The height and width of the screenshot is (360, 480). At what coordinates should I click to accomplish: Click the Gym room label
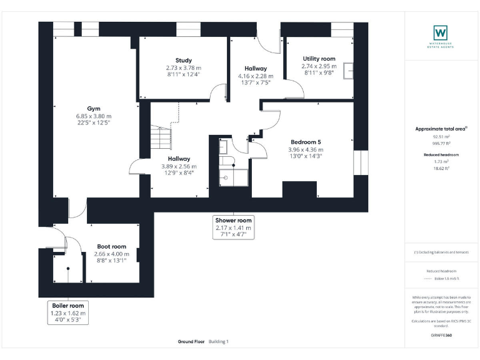(93, 107)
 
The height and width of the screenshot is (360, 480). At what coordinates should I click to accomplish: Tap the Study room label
(184, 60)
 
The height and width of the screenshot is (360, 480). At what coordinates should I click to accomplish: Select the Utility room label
(319, 59)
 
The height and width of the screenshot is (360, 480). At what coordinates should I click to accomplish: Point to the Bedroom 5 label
(306, 142)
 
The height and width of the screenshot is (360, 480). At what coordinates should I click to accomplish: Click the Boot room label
(111, 246)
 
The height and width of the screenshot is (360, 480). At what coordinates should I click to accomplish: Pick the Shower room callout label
(233, 221)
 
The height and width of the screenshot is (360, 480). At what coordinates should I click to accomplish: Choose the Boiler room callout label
(68, 305)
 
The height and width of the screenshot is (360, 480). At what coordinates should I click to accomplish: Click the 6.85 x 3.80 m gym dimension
(93, 116)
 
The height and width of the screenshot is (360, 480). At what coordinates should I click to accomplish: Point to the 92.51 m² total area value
(441, 136)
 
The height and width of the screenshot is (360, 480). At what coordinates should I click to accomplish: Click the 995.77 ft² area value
(441, 143)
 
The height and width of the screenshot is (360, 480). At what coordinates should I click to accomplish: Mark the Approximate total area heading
(441, 129)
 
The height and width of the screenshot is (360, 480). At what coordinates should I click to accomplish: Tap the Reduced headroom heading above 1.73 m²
(441, 154)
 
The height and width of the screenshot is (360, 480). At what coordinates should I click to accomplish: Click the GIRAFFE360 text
(441, 336)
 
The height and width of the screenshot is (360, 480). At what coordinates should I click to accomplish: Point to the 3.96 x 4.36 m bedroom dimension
(306, 150)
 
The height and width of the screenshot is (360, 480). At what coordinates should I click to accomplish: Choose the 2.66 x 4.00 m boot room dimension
(111, 254)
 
